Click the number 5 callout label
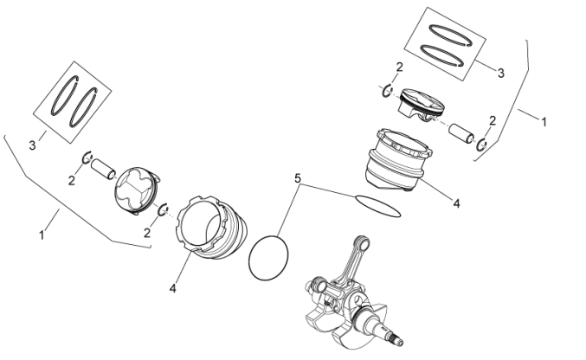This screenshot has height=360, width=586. click(298, 178)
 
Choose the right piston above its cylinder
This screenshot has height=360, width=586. click(421, 108)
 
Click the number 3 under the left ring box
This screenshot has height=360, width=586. click(33, 145)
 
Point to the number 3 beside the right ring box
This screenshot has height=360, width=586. click(500, 74)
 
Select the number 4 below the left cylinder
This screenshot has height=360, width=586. click(172, 288)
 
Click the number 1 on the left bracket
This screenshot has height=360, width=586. click(41, 235)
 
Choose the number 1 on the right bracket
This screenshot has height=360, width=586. click(544, 123)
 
